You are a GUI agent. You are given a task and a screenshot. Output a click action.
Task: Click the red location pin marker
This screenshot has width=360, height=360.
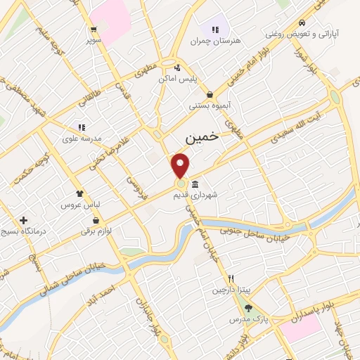click(x=181, y=165)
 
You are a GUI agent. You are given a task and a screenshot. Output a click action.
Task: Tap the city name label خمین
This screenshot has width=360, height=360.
click(x=201, y=139)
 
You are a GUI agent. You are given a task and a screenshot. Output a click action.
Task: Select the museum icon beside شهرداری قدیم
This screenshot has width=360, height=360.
click(x=195, y=185)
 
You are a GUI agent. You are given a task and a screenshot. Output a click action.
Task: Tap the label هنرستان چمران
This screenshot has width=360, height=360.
click(x=215, y=41)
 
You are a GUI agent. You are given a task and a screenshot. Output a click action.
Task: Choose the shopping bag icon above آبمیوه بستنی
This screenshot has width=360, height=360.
click(x=210, y=94)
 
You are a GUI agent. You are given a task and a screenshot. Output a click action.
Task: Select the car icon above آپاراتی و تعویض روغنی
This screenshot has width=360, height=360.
click(x=301, y=21)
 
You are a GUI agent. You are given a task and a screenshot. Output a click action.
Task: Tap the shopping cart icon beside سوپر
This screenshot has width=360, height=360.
click(x=94, y=30)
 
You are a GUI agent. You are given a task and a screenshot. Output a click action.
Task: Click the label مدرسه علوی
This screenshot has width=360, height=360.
click(x=82, y=138)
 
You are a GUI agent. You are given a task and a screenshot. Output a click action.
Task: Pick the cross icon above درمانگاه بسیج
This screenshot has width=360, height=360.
click(x=25, y=220)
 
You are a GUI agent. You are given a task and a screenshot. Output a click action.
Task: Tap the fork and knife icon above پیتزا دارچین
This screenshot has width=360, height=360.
click(x=231, y=278)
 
